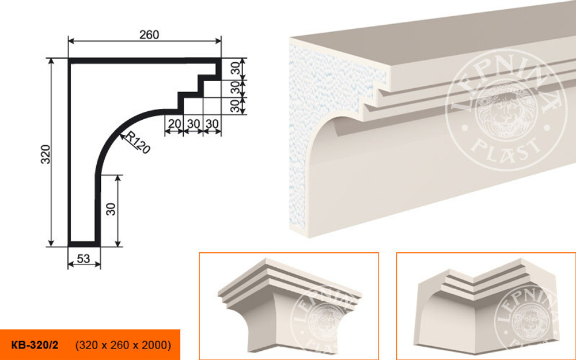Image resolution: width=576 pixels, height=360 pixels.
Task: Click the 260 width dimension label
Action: coord(149,35)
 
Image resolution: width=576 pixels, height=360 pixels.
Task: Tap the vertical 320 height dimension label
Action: coord(46,154)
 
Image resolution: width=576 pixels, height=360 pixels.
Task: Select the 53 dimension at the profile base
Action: coord(84,259)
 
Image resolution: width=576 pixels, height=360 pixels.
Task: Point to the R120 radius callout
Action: coord(138,142)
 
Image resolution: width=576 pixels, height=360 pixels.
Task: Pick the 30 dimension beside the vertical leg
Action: coord(111,209)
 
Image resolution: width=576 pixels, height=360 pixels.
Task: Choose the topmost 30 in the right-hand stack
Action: coord(236,69)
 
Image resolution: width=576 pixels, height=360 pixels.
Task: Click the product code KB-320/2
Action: coord(35,345)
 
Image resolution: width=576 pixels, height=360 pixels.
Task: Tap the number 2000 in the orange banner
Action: coord(156,345)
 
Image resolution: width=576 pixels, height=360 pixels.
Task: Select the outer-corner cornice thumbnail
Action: coord(289,306)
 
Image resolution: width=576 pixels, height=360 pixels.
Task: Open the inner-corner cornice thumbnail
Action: coord(486,306)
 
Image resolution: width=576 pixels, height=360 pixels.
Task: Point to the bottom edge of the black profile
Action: coord(84,244)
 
